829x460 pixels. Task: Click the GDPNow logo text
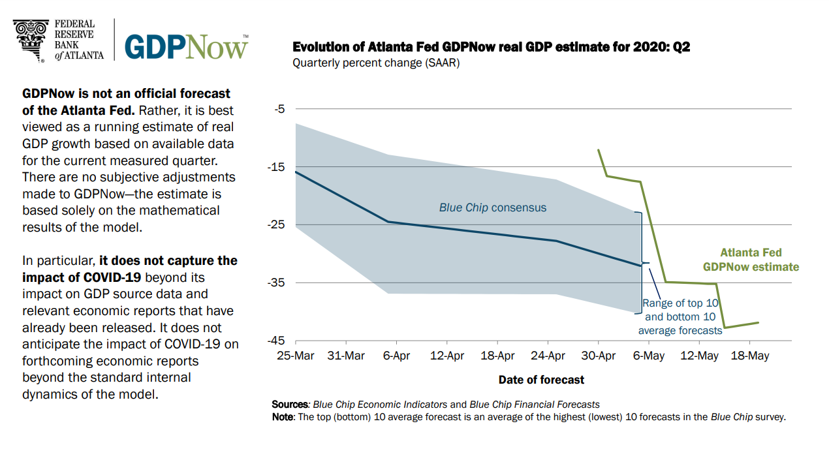coord(186,46)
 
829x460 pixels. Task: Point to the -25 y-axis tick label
coord(276,225)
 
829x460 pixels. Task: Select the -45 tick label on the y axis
coord(276,341)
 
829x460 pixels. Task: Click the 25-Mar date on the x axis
coord(295,356)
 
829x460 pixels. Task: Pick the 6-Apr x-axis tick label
coord(396,356)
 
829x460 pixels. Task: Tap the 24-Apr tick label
coord(548,356)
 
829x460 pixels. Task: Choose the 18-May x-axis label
coord(749,356)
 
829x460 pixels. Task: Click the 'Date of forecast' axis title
coord(541,380)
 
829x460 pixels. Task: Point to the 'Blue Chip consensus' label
coord(493,208)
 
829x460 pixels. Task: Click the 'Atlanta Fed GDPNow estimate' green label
coord(751,260)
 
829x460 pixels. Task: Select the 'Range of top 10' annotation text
coord(681,303)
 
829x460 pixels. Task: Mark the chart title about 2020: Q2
coord(491,47)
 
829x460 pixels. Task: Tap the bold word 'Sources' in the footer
coord(289,405)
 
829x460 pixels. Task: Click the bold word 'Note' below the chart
coord(283,417)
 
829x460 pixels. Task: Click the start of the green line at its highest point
coord(598,149)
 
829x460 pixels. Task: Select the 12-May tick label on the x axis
coord(699,356)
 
